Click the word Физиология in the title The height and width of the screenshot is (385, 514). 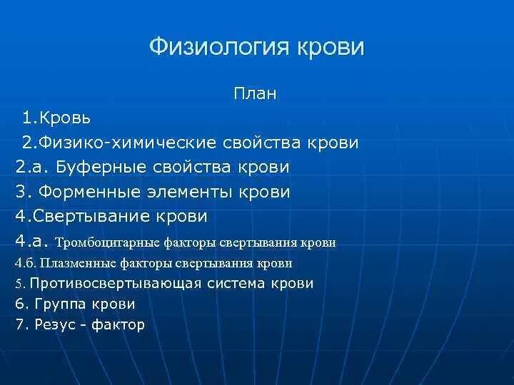click(x=207, y=48)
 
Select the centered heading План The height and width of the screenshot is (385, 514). click(x=255, y=93)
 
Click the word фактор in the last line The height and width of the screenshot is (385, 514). click(x=122, y=324)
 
